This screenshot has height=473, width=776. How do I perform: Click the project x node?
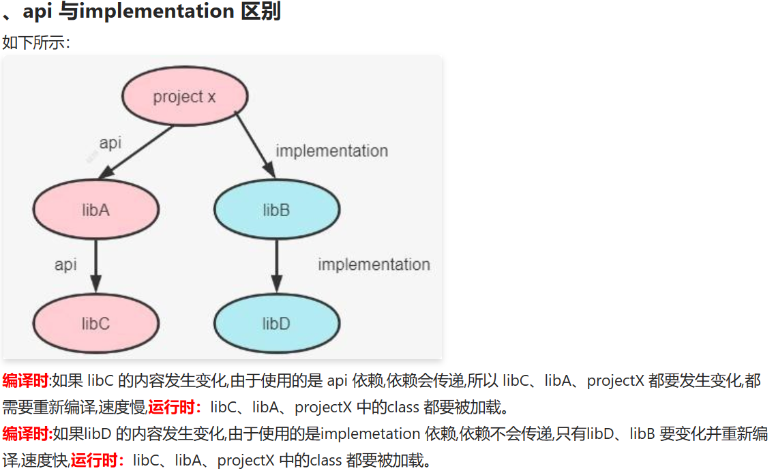tap(184, 96)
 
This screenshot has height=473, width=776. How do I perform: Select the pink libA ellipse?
tap(95, 209)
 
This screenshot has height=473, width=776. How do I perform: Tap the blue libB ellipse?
tap(276, 209)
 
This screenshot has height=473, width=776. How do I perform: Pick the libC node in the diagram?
tap(95, 323)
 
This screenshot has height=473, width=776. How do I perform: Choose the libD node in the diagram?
tap(276, 323)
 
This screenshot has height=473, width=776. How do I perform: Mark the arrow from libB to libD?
tap(276, 266)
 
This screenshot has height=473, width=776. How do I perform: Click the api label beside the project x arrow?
tap(110, 143)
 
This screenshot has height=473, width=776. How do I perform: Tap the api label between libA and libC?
tap(65, 264)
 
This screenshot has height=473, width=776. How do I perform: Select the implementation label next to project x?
tap(331, 151)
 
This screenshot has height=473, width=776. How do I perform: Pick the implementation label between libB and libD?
tap(374, 264)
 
